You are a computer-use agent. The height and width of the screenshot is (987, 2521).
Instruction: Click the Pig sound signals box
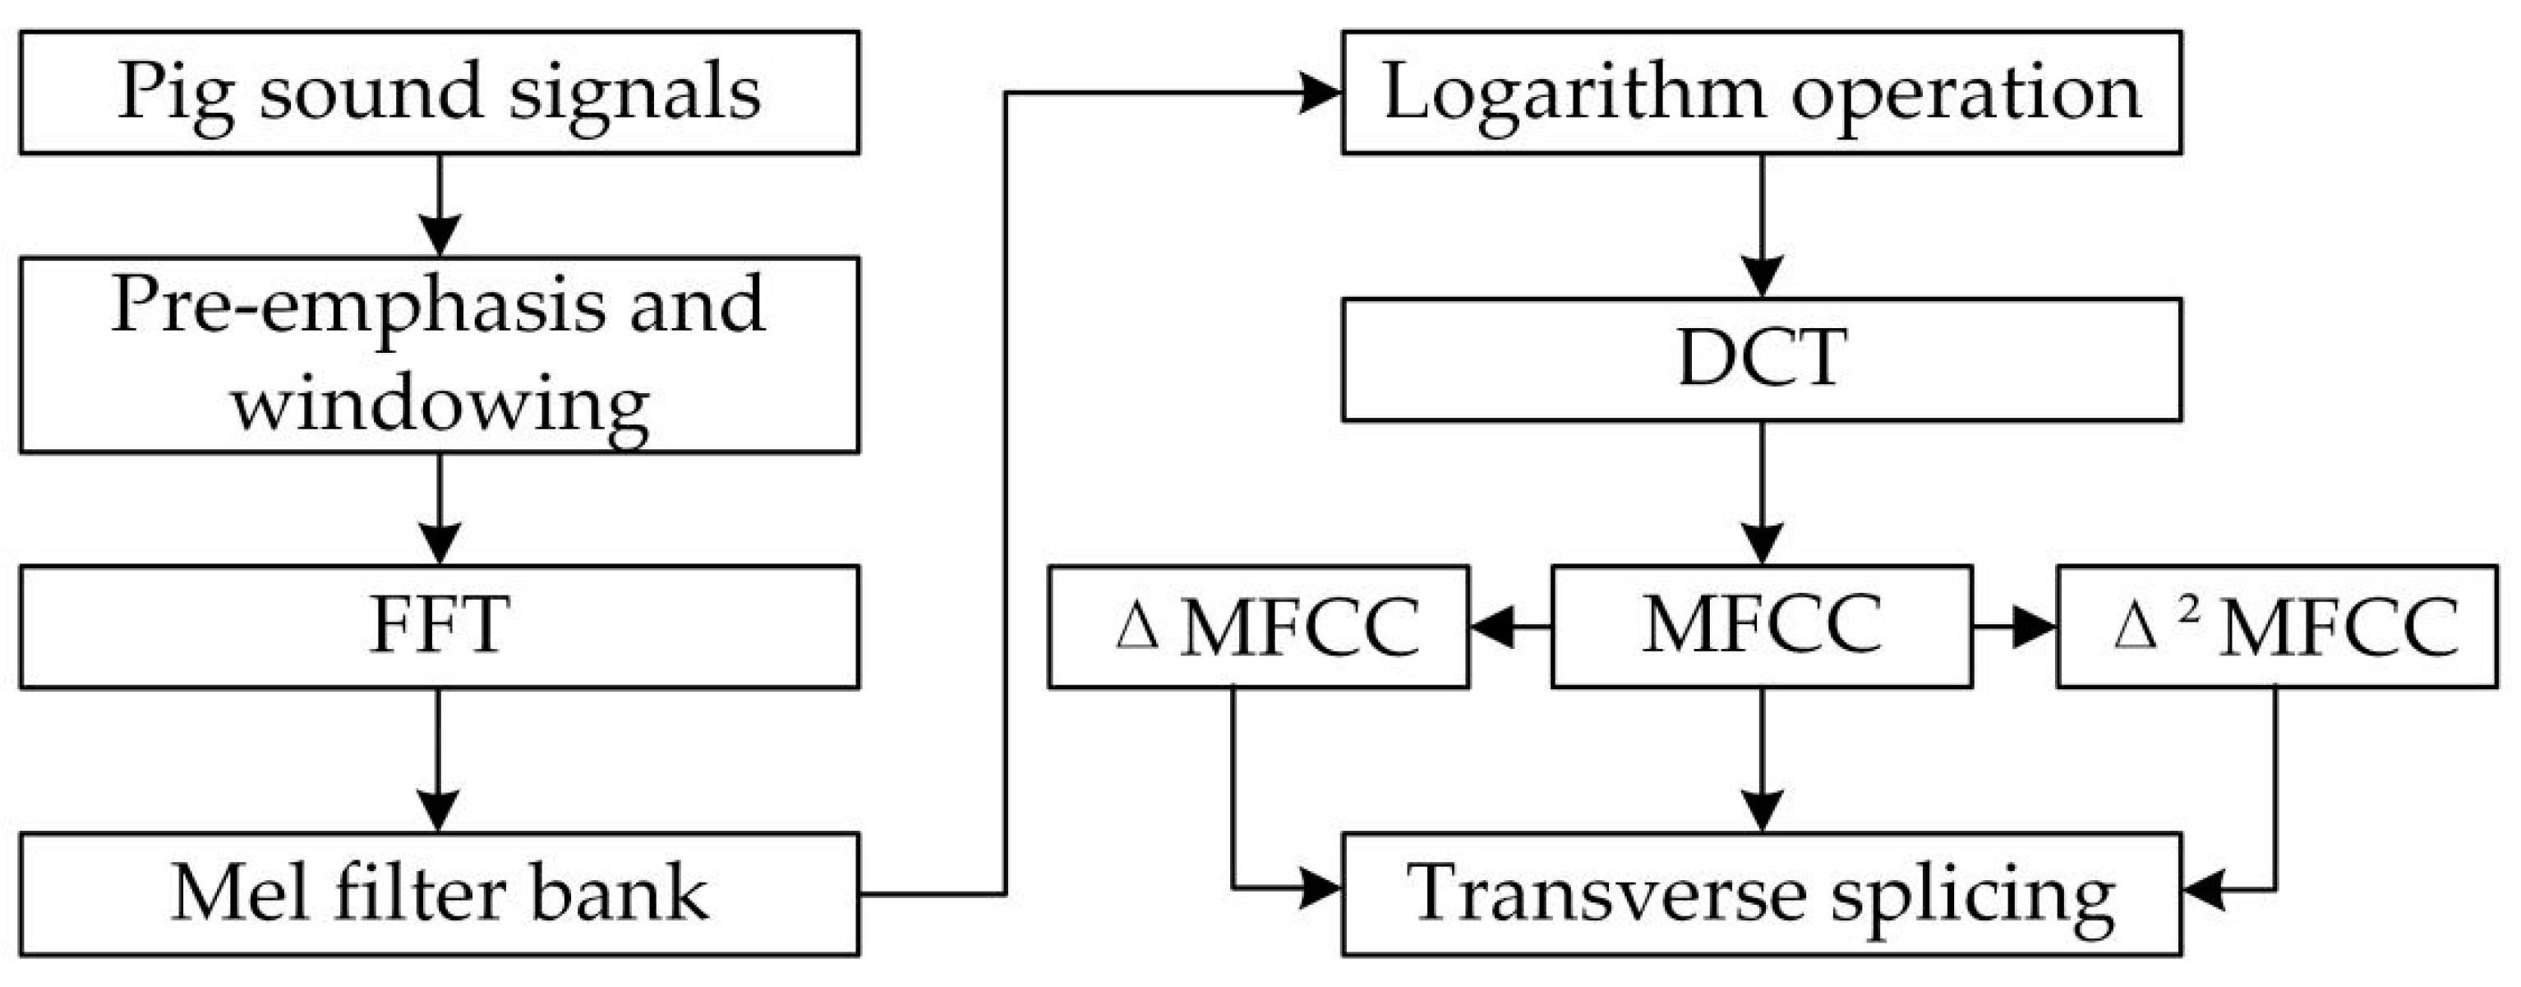pos(440,92)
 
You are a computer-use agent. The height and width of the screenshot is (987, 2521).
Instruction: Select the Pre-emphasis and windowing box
pos(440,354)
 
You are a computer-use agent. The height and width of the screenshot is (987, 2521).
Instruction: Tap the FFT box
pos(440,627)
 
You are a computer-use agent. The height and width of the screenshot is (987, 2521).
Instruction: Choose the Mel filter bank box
pos(440,894)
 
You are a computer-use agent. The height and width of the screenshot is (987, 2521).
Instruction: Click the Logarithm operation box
pos(1762,92)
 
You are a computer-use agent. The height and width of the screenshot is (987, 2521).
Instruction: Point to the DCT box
pos(1762,359)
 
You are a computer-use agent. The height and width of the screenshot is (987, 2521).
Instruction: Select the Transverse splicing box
pos(1762,894)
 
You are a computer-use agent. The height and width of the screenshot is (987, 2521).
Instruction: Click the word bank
pos(619,894)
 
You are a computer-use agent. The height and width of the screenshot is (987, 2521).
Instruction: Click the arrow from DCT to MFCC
pos(1762,494)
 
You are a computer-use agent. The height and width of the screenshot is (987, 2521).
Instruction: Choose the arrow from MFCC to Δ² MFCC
pos(2014,627)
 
